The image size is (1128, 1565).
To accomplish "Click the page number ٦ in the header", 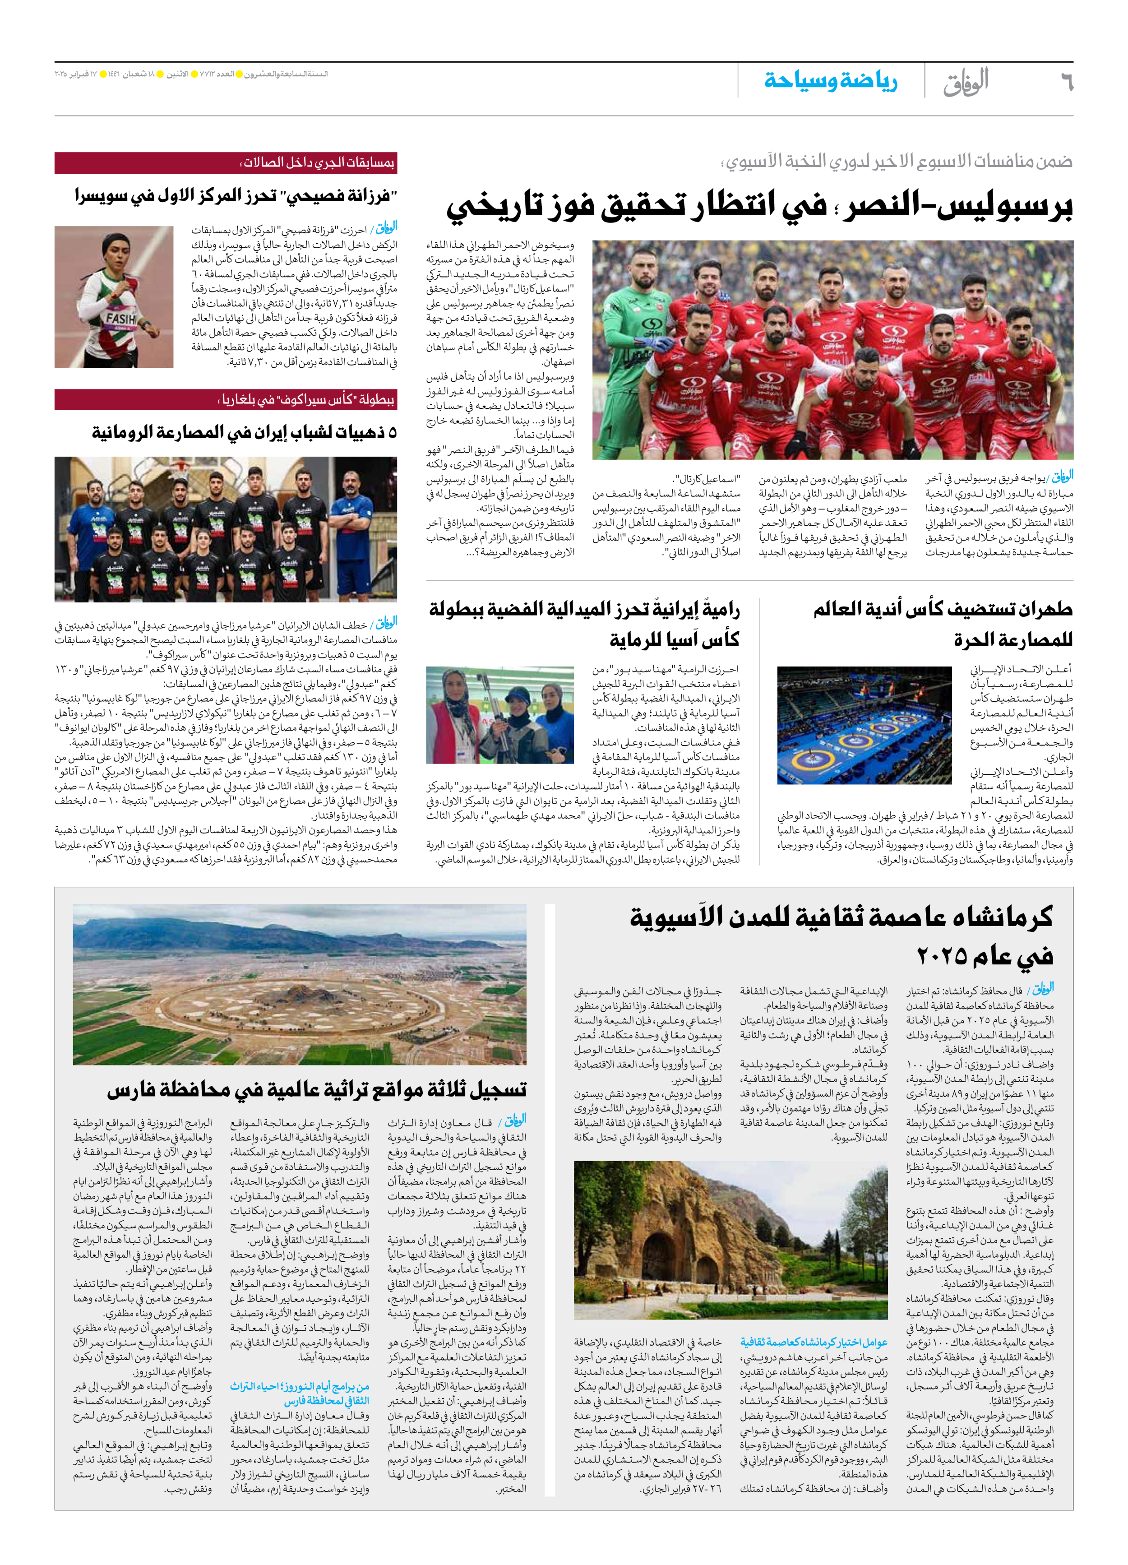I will click(x=1066, y=82).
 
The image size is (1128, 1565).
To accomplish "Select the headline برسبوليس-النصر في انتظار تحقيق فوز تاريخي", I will click(x=759, y=206).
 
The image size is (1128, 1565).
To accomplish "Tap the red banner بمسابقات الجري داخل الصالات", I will click(x=226, y=163).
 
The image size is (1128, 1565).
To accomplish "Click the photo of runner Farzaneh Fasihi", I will click(x=114, y=297).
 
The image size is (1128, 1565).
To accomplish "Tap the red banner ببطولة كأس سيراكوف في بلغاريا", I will click(x=226, y=399).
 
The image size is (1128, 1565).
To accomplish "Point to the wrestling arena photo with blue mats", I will click(x=864, y=725).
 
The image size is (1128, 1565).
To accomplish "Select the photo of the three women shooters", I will click(x=499, y=714).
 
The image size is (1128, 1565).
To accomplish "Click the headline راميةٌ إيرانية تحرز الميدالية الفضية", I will click(x=584, y=625).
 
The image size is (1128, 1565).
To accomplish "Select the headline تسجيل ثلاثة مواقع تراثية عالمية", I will click(x=317, y=1090).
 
